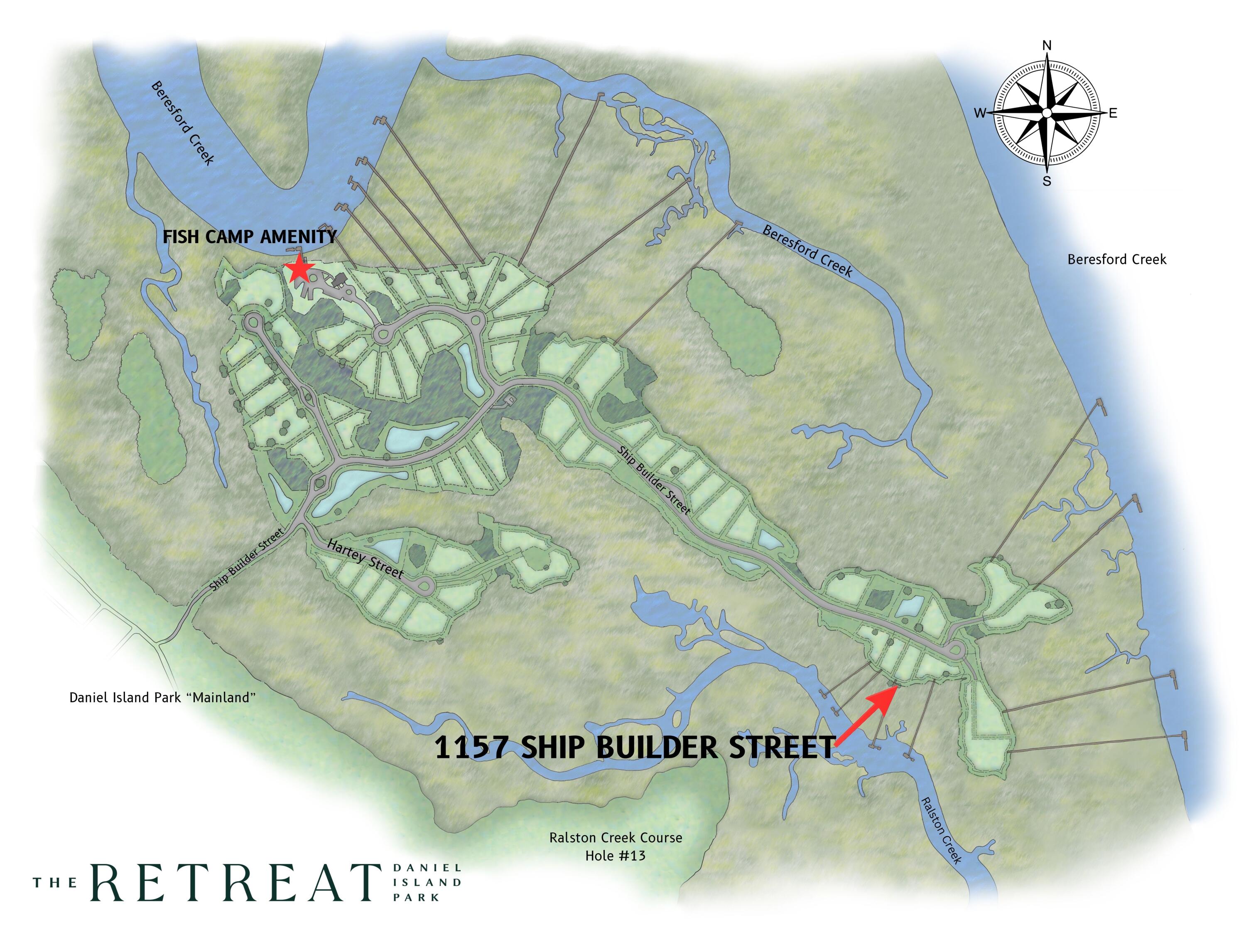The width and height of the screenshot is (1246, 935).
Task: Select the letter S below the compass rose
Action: coord(1047,182)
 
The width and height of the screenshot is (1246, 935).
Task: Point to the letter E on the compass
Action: coord(1113,113)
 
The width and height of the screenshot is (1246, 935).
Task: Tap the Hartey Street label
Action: coord(365,559)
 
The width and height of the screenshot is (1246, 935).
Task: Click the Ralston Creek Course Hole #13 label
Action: coord(616,846)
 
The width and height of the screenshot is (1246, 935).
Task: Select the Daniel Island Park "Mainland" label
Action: coord(162,698)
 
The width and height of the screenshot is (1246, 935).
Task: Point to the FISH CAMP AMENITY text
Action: coord(250,237)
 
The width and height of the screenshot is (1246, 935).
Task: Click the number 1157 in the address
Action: coord(470,747)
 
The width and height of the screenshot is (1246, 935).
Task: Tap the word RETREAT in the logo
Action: coord(235,882)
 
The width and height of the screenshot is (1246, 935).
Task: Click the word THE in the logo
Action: coord(55,883)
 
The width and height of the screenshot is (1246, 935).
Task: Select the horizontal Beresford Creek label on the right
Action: coord(1117,259)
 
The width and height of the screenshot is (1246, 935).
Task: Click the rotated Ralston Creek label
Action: coord(940,830)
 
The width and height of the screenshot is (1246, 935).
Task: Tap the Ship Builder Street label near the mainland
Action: coord(246,560)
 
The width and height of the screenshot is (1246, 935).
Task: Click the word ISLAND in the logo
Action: coord(427,882)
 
